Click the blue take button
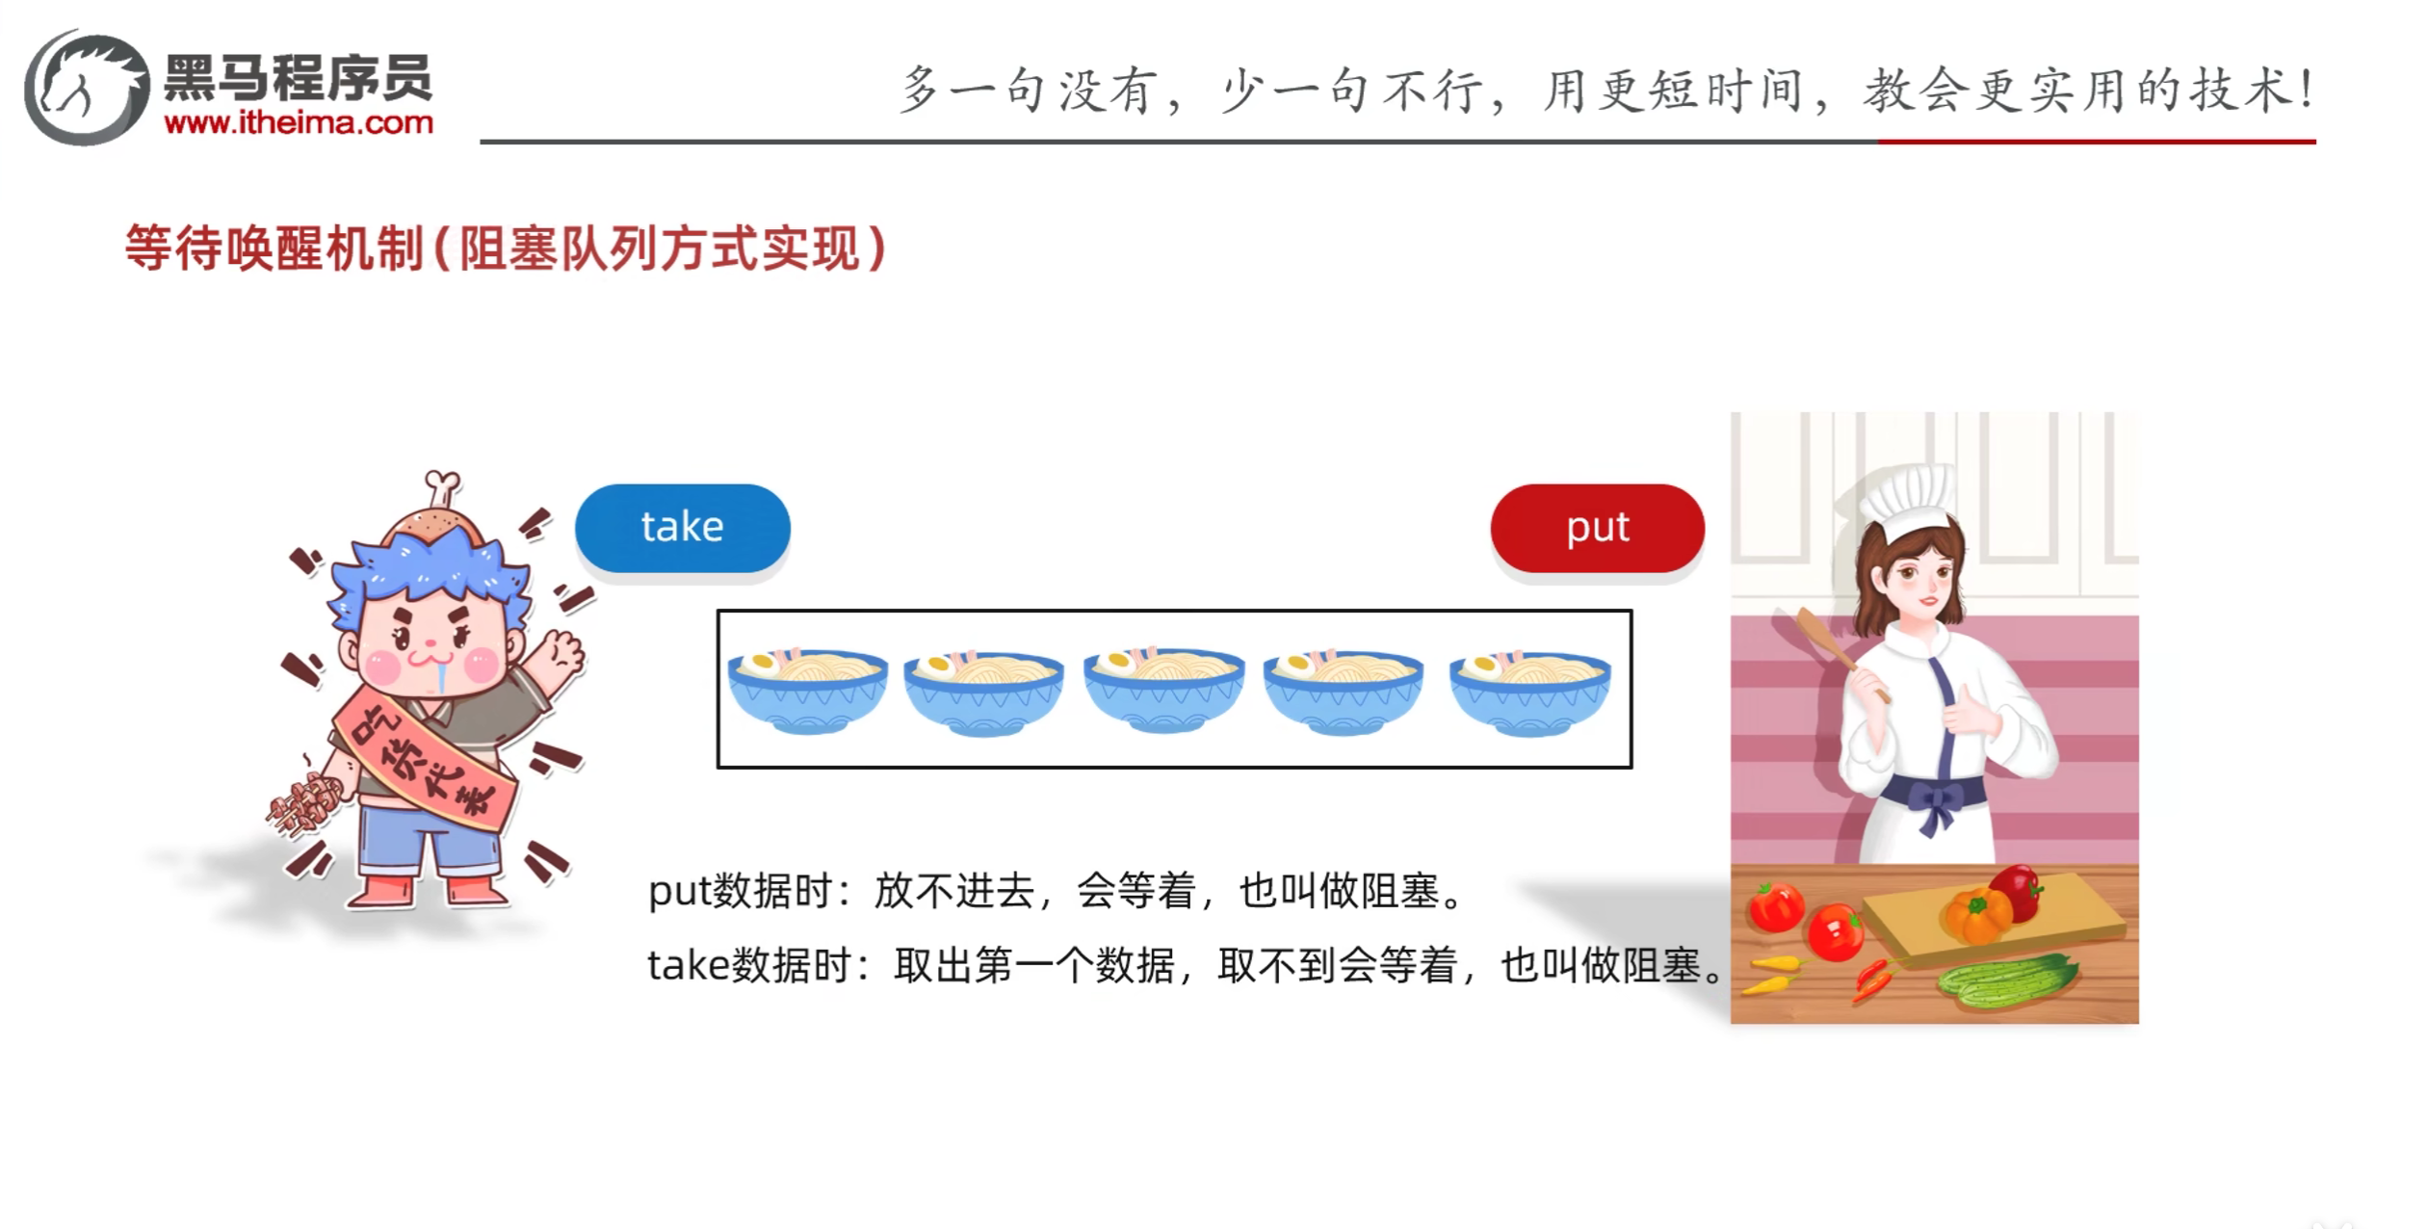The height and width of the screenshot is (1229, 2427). (x=682, y=528)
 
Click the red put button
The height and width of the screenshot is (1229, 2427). (x=1597, y=528)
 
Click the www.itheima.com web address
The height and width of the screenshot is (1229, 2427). (x=299, y=123)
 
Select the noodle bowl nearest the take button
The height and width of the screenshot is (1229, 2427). (x=807, y=690)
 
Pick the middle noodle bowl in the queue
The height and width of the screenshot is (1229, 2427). (x=1163, y=690)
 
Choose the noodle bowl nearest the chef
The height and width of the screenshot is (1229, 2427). (x=1529, y=690)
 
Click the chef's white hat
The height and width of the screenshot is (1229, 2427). (x=1905, y=501)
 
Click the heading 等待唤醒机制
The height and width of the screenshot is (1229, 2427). (x=274, y=249)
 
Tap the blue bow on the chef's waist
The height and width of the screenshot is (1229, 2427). (x=1936, y=805)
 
